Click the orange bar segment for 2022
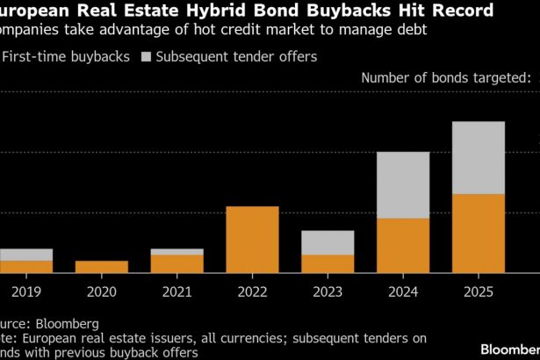[x=252, y=240]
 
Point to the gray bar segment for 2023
[x=328, y=242]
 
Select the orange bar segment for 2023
[x=328, y=263]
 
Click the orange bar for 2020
[x=101, y=267]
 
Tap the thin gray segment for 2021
[x=176, y=251]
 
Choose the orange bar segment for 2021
[x=176, y=263]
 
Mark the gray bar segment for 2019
[x=25, y=255]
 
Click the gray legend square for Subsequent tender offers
[x=147, y=57]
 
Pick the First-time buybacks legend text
[x=67, y=57]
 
